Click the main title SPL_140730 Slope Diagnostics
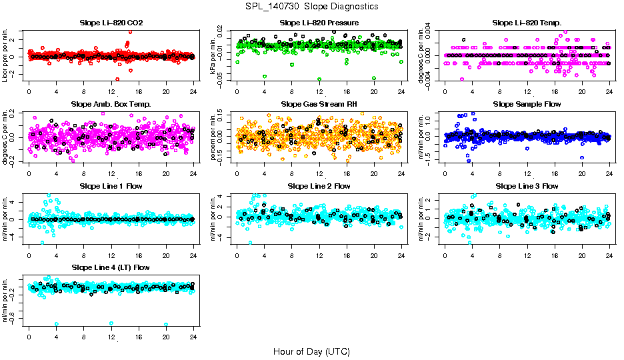311,6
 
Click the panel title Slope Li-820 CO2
111,23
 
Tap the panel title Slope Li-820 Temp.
527,23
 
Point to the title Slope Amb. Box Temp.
111,104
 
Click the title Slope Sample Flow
527,104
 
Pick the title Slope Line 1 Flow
111,185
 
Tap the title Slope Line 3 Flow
527,185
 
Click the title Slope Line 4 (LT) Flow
111,267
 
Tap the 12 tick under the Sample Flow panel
527,173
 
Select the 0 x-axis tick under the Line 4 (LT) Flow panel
29,337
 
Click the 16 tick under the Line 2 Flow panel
347,255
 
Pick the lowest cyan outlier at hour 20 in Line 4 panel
166,325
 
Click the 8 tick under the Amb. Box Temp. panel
83,173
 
